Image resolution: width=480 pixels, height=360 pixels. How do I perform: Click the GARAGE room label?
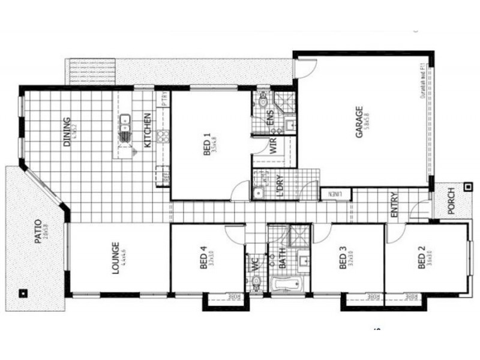[359, 122]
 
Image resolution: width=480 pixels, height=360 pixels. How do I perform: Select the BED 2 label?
[421, 263]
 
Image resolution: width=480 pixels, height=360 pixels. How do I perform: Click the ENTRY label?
[394, 205]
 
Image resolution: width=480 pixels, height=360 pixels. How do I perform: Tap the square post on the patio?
[22, 293]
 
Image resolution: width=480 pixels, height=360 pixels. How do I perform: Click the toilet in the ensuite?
[262, 101]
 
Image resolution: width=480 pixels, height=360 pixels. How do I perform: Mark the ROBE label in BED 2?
[412, 296]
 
